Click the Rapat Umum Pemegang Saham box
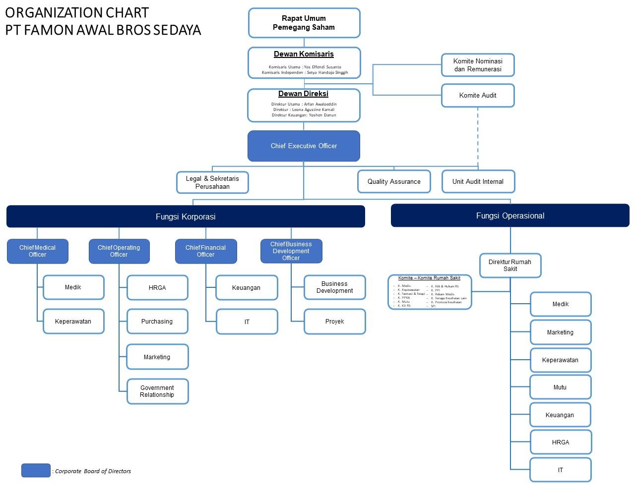coord(304,23)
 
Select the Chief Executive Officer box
coord(304,146)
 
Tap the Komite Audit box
coord(478,95)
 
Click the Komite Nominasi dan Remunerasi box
coord(478,65)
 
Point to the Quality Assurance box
coord(394,181)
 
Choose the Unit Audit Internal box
coord(478,181)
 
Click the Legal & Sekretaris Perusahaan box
coord(212,182)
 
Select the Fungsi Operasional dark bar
coord(510,216)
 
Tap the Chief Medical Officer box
coord(37,251)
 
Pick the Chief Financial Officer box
coord(205,251)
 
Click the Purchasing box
coord(157,322)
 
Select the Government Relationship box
coord(157,391)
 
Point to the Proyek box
coord(334,322)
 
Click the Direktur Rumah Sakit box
coord(510,266)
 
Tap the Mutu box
coord(560,387)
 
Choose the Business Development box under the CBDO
coord(334,287)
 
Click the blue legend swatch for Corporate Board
coord(36,470)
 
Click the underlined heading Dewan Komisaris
coord(304,54)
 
